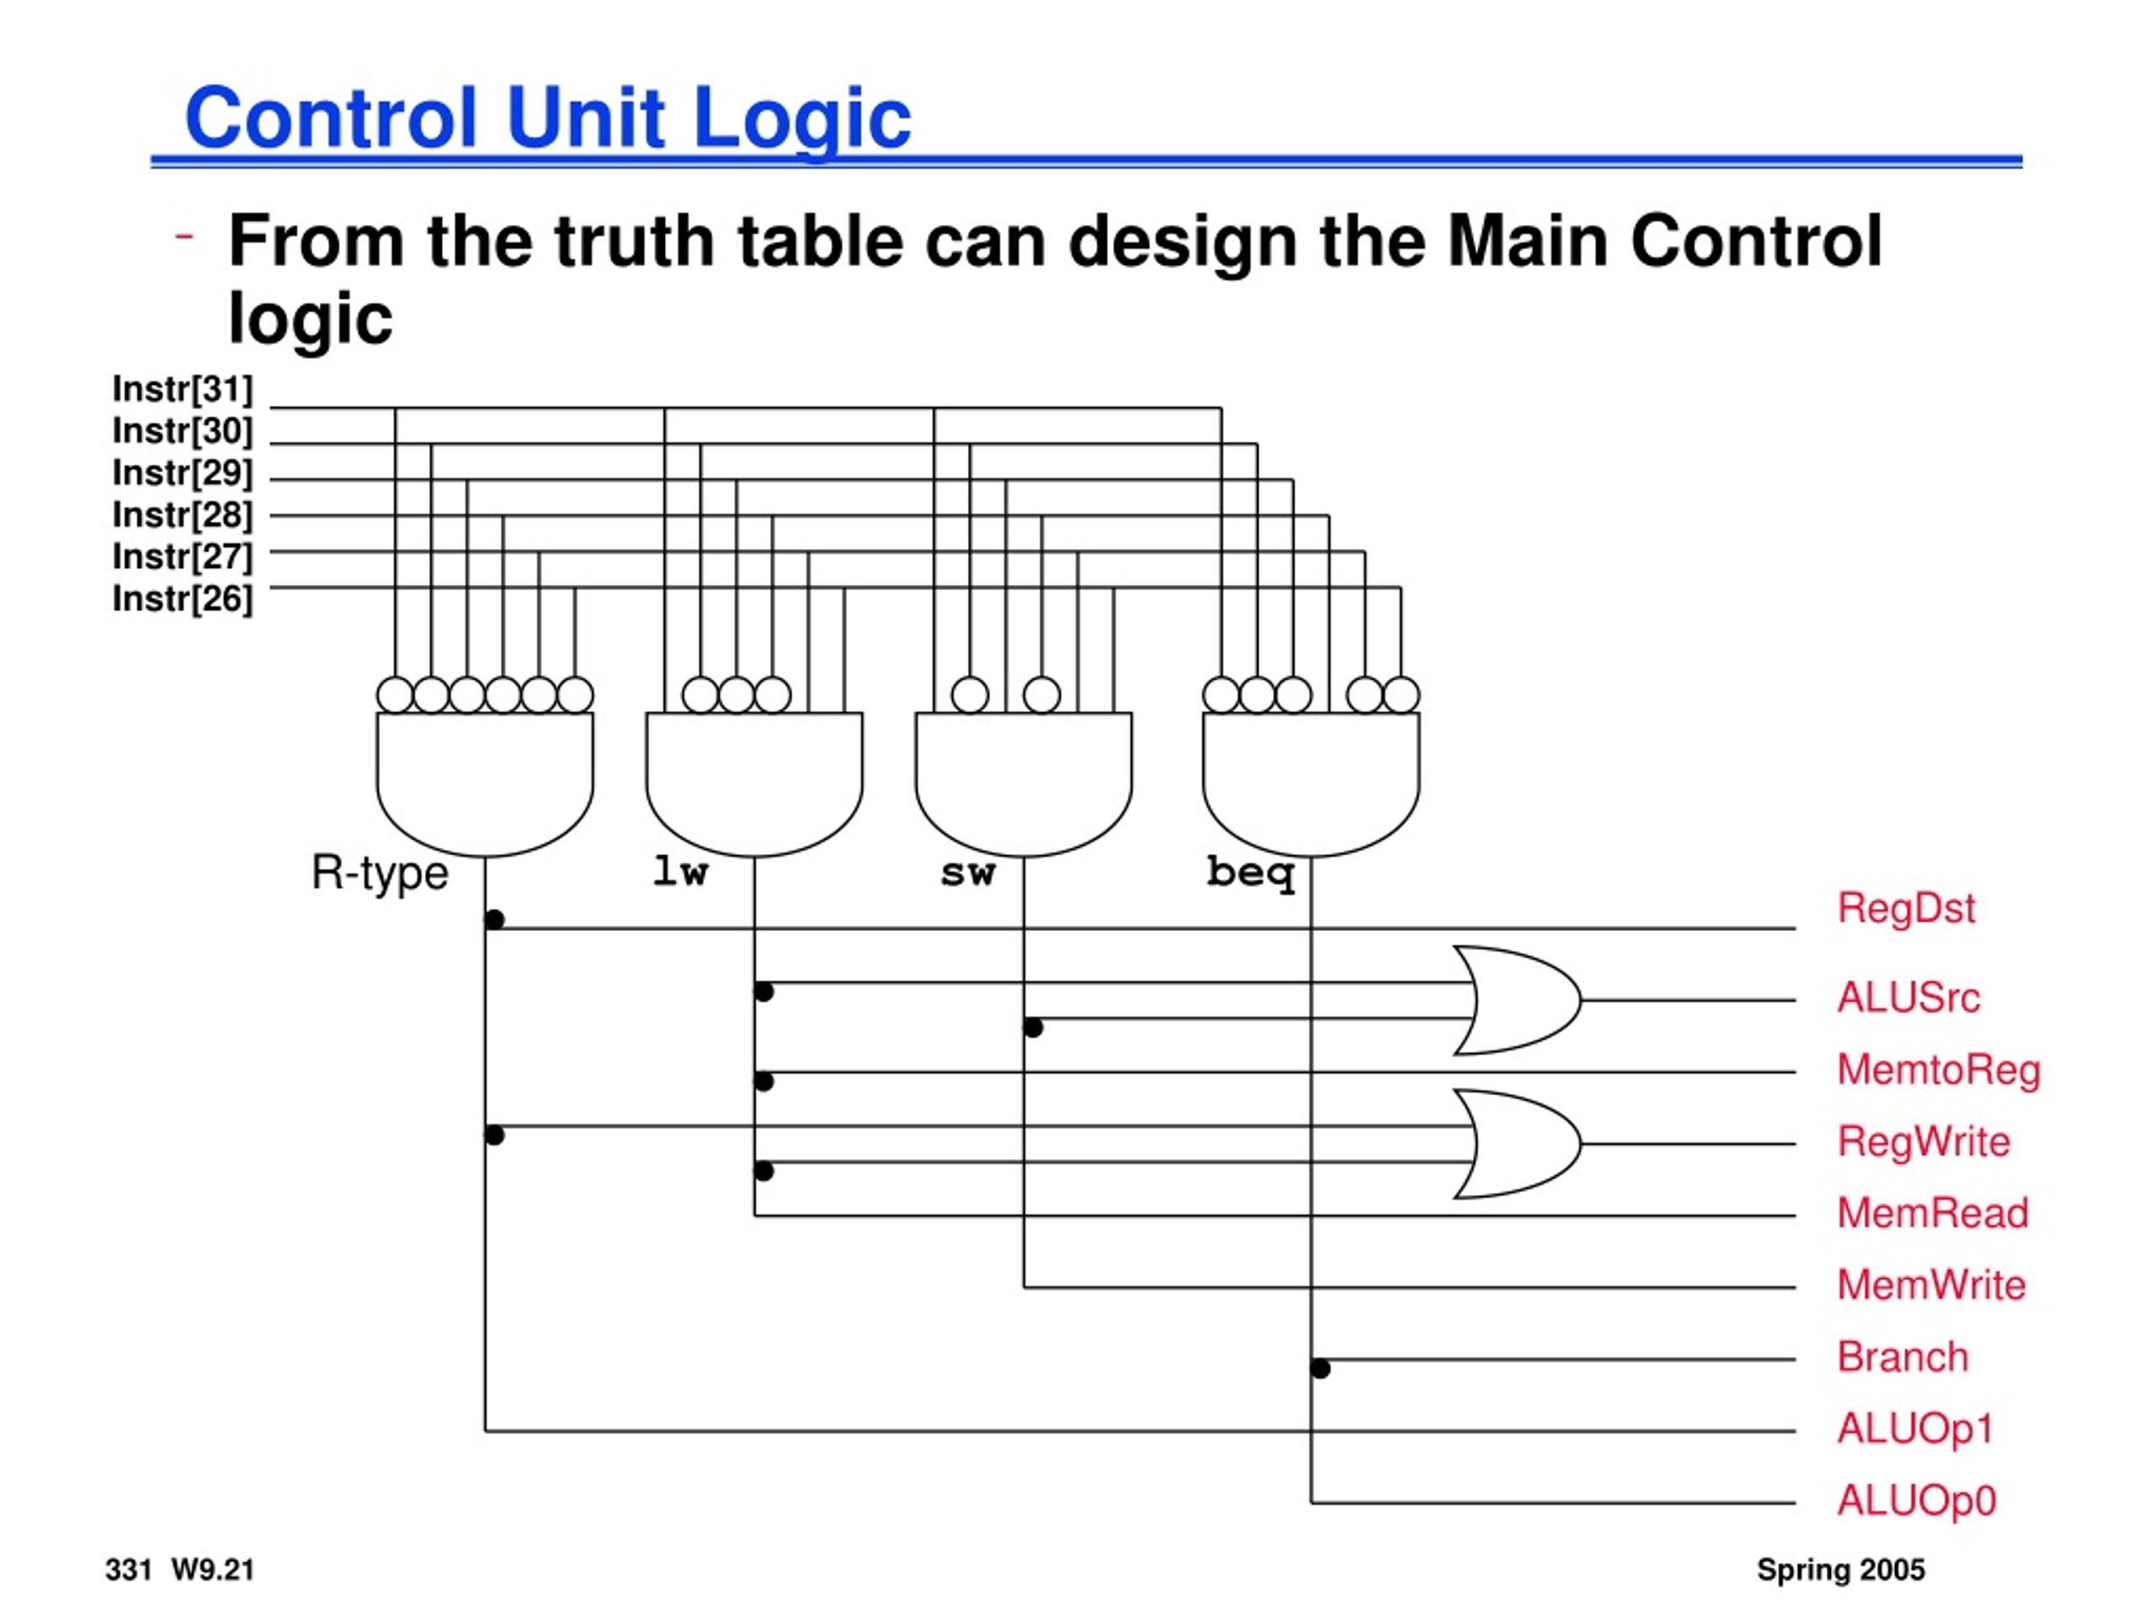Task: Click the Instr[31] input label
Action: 182,389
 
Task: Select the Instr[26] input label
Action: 182,598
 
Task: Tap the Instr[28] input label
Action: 182,514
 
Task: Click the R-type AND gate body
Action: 485,784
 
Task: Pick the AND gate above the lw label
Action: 754,784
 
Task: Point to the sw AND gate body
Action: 1024,784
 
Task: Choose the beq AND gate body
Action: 1312,784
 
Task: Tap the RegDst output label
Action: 1906,909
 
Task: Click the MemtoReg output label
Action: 1939,1071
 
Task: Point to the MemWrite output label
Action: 1931,1285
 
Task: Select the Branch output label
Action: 1902,1357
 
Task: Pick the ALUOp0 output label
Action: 1916,1501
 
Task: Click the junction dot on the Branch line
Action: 1320,1369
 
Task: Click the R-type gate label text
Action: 379,873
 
